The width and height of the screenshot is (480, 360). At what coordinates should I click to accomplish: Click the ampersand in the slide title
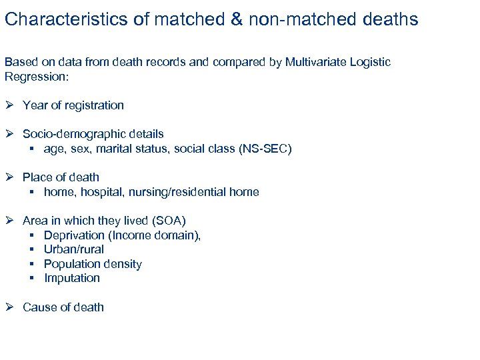(237, 19)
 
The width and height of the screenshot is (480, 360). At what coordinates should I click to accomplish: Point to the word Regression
(35, 76)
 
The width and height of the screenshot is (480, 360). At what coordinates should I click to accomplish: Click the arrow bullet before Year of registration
(10, 105)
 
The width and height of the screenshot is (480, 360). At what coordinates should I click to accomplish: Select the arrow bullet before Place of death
(10, 177)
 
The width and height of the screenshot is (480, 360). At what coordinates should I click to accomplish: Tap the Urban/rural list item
(74, 249)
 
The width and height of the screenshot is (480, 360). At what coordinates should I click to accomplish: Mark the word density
(121, 264)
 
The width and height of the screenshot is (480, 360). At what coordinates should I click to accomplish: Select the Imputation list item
(72, 278)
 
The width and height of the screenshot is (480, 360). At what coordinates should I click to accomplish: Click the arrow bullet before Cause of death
(10, 307)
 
